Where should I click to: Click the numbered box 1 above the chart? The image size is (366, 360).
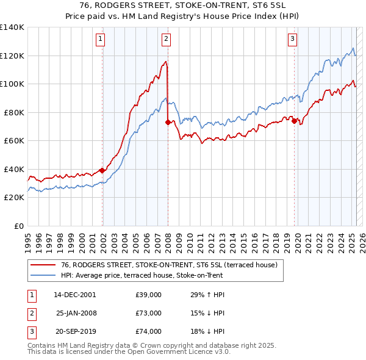coord(100,39)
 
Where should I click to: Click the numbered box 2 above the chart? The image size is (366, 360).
coord(166,39)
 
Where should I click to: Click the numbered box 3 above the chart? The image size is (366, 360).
coord(293,39)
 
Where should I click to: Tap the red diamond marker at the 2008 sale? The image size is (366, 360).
coord(168,122)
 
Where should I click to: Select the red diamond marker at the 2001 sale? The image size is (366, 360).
coord(102,170)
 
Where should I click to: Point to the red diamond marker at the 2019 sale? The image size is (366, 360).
coord(295,121)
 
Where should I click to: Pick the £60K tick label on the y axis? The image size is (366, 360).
coord(14,140)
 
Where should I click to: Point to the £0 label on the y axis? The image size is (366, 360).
coord(18,226)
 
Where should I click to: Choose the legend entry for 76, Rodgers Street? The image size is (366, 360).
coord(169,265)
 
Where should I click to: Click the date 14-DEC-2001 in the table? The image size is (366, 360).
coord(75,295)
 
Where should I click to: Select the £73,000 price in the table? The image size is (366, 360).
coord(148,313)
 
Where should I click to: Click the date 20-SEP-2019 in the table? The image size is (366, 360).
coord(75,331)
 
